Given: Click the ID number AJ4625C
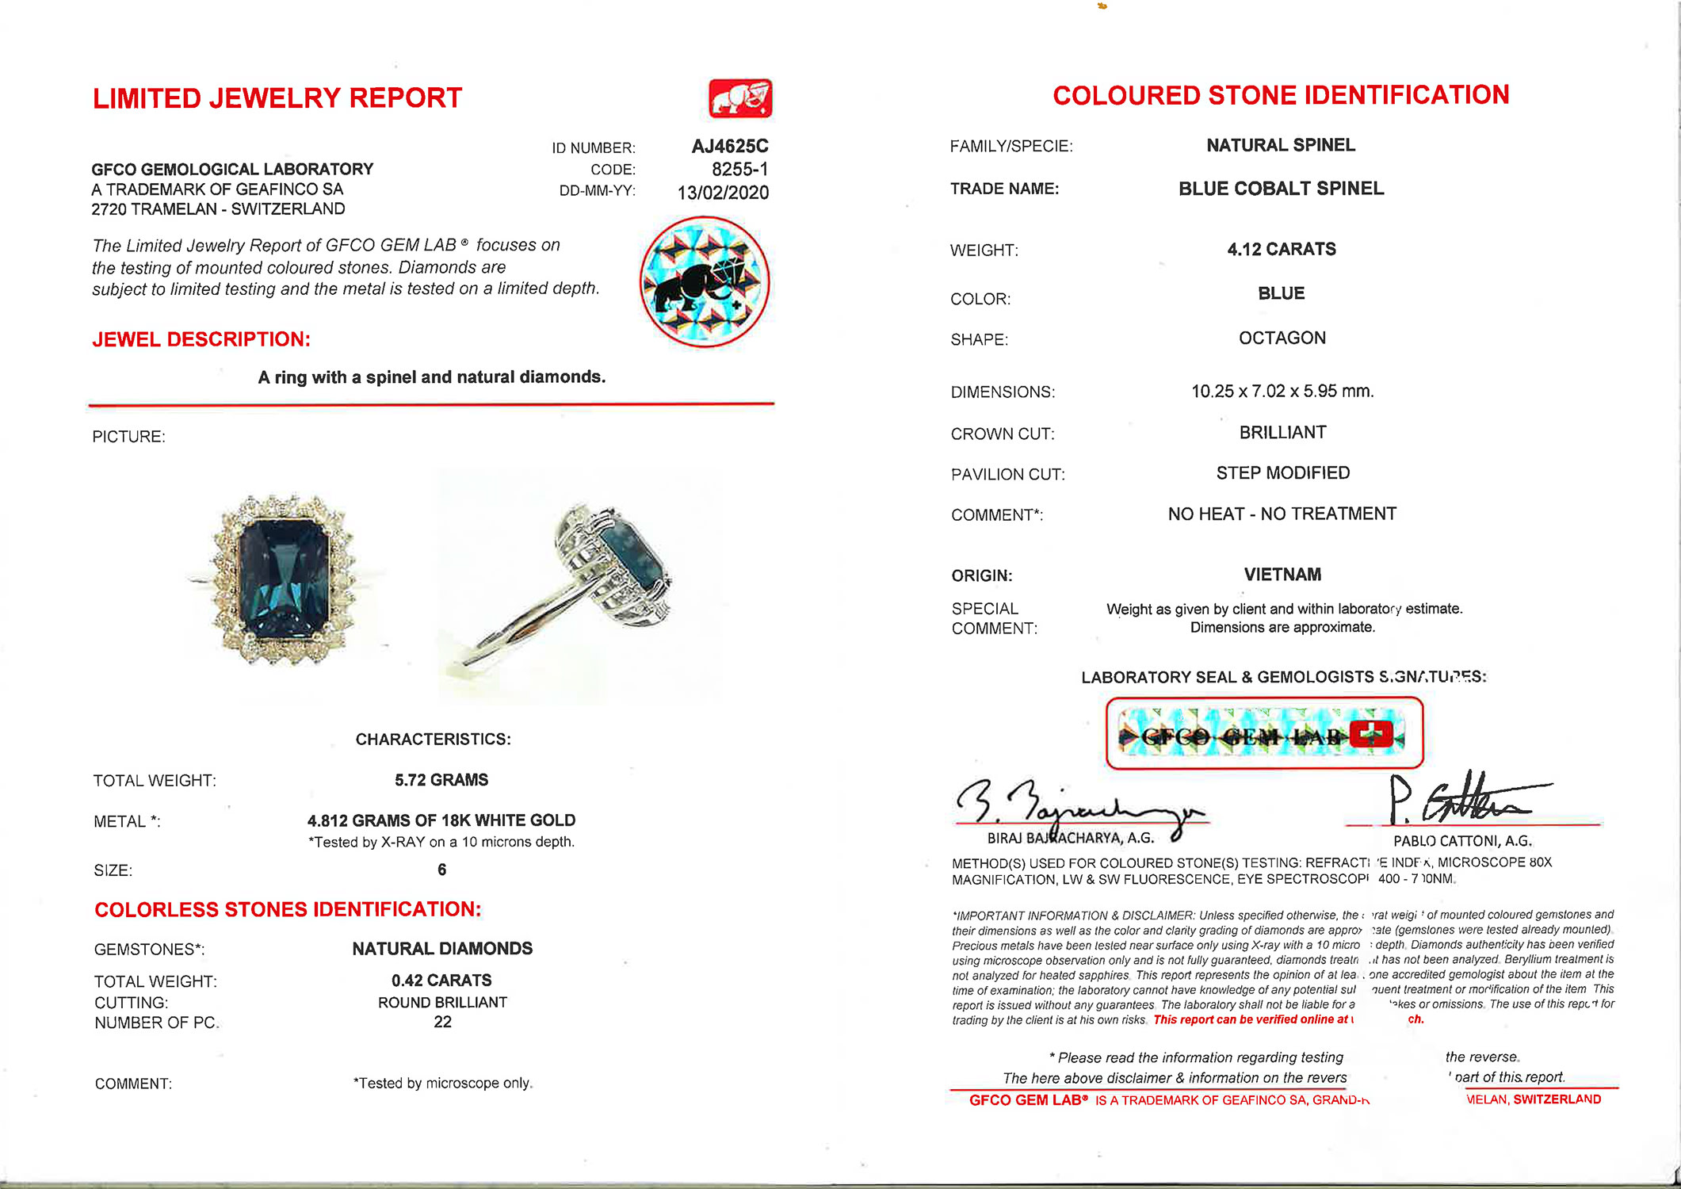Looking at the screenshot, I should click(x=729, y=147).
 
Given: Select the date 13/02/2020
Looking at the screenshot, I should click(x=723, y=193).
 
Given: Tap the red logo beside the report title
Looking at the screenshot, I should click(x=740, y=98).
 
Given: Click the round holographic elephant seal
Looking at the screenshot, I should click(x=704, y=282).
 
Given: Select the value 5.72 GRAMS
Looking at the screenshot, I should click(x=441, y=780).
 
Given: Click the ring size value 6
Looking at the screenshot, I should click(x=441, y=870).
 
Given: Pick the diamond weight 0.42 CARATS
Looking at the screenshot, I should click(x=441, y=981).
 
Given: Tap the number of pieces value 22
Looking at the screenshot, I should click(x=442, y=1022).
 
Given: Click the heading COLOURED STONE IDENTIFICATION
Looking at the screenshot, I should click(x=1281, y=95).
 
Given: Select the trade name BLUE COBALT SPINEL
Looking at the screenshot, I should click(x=1281, y=189).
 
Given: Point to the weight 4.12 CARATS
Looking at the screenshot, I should click(x=1281, y=249).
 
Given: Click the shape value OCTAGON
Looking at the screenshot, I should click(x=1282, y=338).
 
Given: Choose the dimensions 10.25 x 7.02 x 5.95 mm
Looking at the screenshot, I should click(x=1282, y=391).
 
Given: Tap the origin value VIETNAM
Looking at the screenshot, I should click(x=1282, y=575).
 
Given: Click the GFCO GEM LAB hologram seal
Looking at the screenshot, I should click(x=1263, y=734).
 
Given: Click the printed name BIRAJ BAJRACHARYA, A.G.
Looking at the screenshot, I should click(x=1070, y=838).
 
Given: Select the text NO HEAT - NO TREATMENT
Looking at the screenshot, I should click(x=1282, y=514).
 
